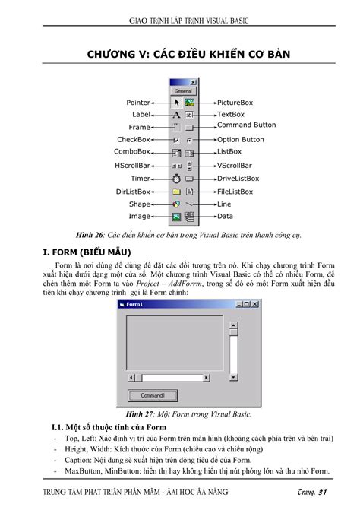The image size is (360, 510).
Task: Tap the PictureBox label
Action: [x=235, y=101]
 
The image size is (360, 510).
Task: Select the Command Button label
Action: [x=247, y=125]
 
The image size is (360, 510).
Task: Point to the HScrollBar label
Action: [x=132, y=165]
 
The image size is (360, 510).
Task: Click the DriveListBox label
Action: [x=238, y=179]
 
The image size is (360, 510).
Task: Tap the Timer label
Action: [x=140, y=179]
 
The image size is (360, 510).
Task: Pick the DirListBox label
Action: [x=133, y=192]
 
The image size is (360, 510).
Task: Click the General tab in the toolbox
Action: [x=182, y=90]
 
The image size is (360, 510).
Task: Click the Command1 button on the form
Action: [x=153, y=396]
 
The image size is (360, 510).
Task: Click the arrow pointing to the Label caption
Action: [x=159, y=114]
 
